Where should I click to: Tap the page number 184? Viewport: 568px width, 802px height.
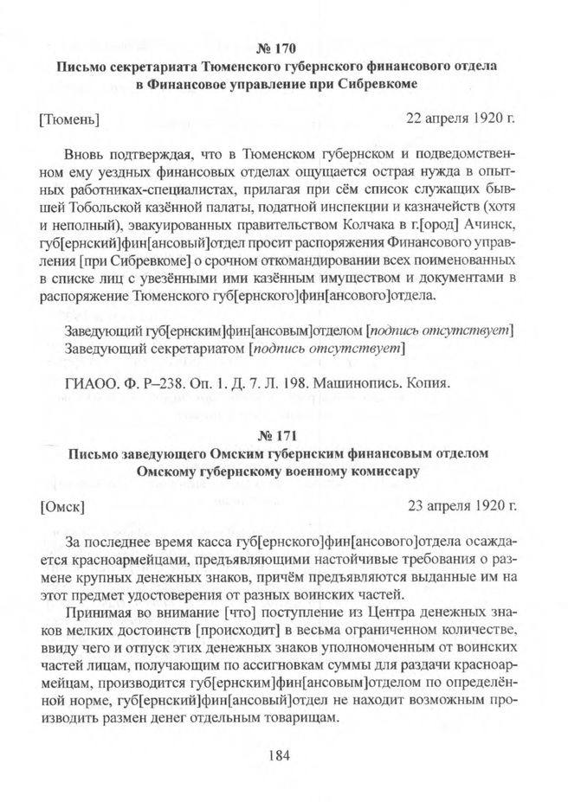tap(283, 754)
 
